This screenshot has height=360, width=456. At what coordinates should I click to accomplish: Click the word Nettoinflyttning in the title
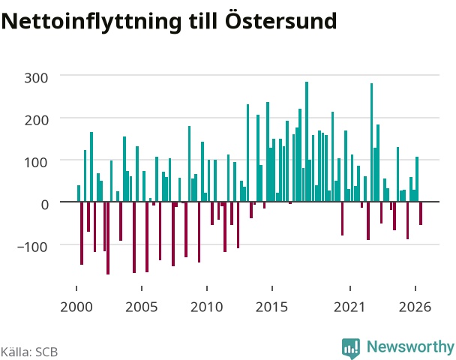click(x=91, y=22)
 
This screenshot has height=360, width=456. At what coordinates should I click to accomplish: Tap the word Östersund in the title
click(x=281, y=20)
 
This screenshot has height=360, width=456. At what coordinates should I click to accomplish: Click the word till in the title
click(x=203, y=20)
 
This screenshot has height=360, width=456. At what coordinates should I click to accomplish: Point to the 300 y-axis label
click(x=36, y=78)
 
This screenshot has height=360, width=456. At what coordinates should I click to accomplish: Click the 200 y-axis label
click(x=36, y=120)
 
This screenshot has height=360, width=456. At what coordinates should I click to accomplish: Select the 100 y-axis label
click(x=36, y=162)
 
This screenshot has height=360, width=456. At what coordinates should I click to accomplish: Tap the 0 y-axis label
click(x=45, y=205)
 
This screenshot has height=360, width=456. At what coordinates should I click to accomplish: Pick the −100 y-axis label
click(x=32, y=247)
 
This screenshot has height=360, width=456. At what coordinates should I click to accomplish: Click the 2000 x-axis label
click(x=76, y=307)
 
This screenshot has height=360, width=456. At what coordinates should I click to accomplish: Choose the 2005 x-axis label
click(x=141, y=307)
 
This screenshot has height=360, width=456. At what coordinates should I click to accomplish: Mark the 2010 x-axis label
click(x=207, y=307)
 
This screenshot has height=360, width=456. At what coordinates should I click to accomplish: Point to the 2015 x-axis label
click(x=271, y=307)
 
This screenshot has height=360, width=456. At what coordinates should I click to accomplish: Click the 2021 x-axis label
click(x=349, y=307)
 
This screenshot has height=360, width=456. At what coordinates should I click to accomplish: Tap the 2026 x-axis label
click(x=415, y=307)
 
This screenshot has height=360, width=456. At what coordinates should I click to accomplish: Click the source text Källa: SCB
click(x=29, y=352)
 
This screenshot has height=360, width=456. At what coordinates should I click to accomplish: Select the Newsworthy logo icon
click(x=351, y=348)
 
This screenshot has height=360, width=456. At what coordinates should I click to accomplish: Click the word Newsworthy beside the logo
click(x=410, y=347)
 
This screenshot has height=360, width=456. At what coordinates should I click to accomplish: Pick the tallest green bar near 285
click(x=307, y=142)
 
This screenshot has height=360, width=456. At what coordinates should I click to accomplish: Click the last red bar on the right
click(x=421, y=213)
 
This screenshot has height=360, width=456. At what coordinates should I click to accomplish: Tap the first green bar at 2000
click(x=79, y=193)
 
